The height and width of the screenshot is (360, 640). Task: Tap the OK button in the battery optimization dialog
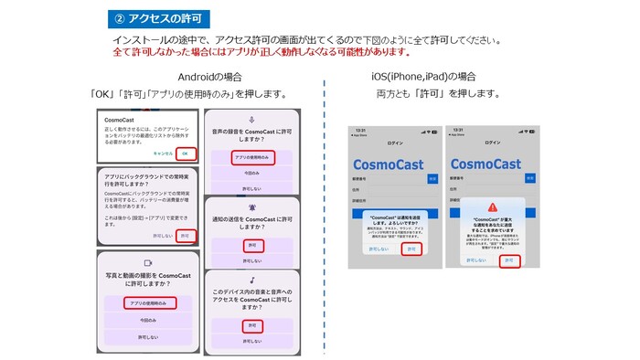click(186, 153)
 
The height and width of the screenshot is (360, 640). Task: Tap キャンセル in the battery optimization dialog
click(163, 153)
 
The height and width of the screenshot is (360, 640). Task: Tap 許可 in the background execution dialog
click(186, 235)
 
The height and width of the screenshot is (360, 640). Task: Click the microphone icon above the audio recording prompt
click(251, 119)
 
